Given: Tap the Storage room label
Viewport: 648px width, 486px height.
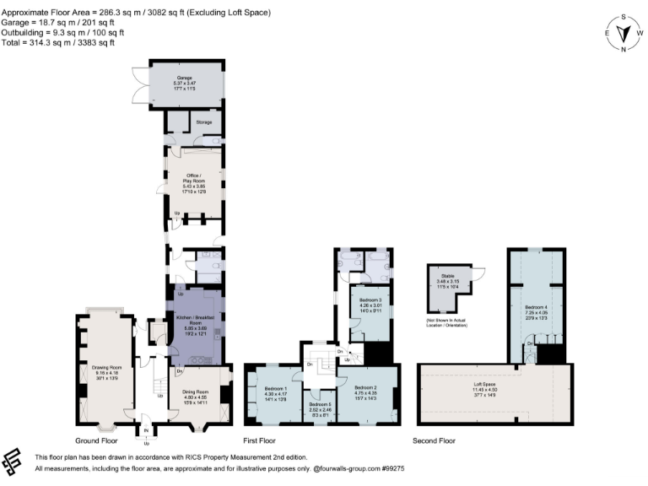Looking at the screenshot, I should pyautogui.click(x=204, y=122).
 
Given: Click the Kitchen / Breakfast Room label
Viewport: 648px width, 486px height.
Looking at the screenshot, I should pyautogui.click(x=196, y=320).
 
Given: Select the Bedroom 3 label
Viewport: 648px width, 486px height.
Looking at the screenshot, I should pyautogui.click(x=371, y=301).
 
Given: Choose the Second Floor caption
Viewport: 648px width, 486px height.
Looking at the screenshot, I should pyautogui.click(x=434, y=440).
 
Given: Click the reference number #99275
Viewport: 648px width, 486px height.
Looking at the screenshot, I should pyautogui.click(x=394, y=467).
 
